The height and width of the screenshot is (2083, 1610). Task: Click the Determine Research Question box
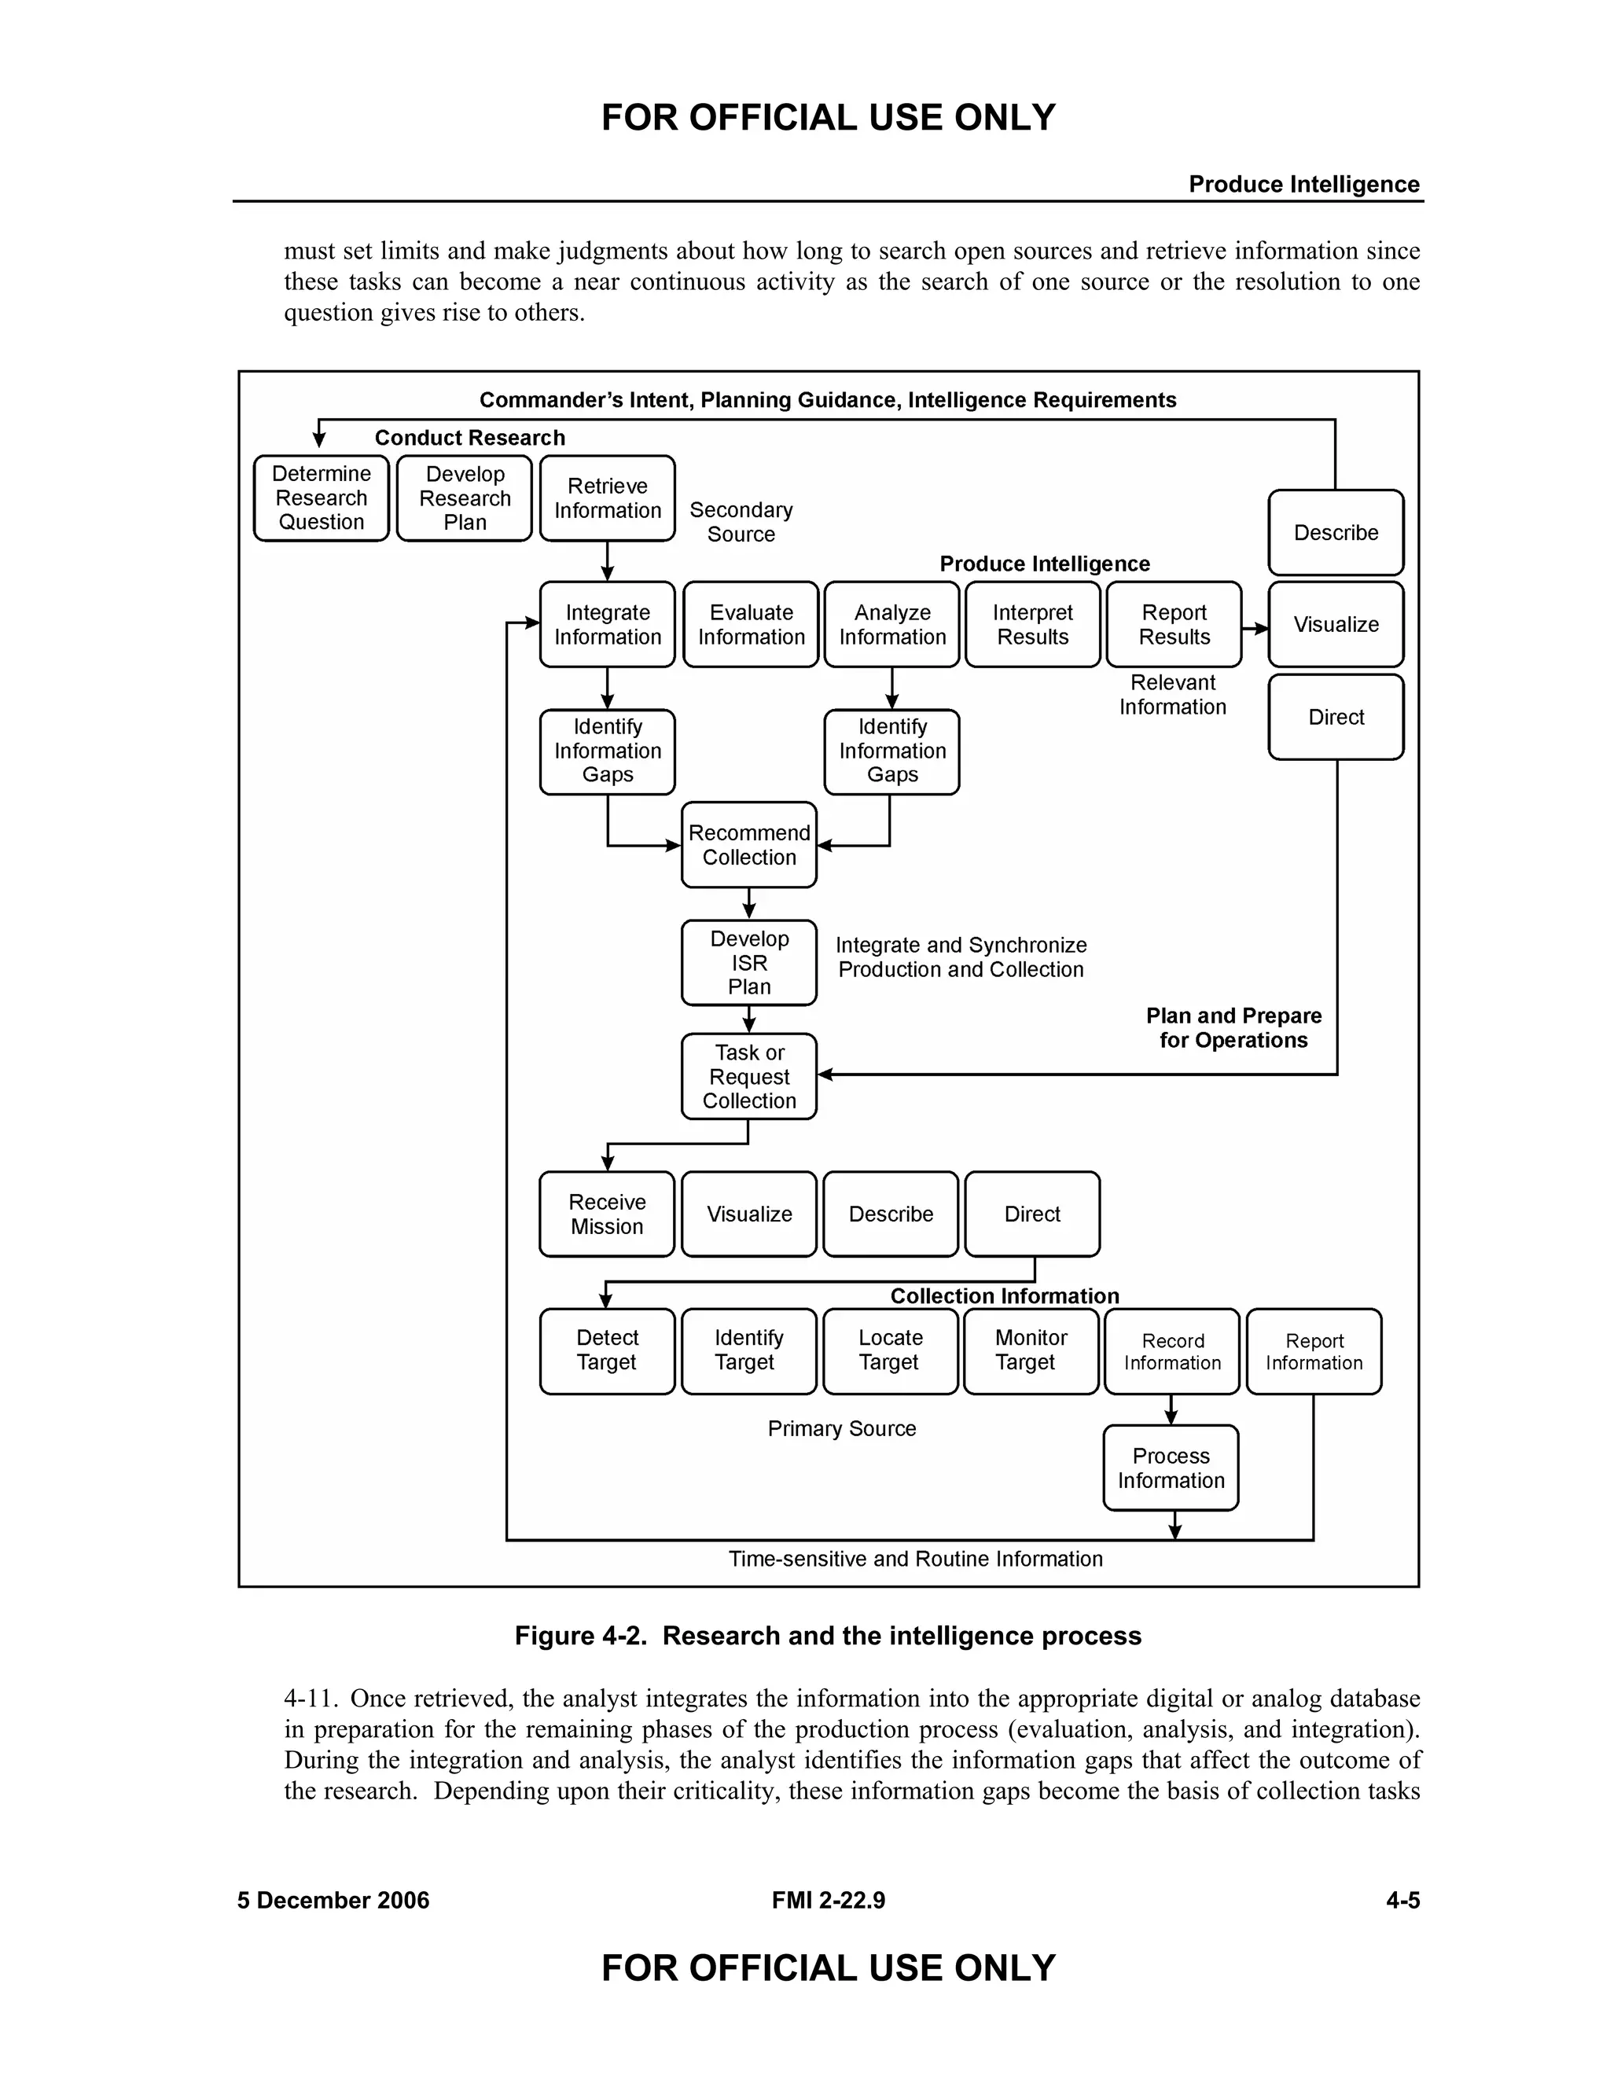pyautogui.click(x=321, y=498)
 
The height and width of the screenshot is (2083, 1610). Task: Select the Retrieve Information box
pyautogui.click(x=607, y=498)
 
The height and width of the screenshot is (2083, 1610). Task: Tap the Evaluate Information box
pyautogui.click(x=751, y=625)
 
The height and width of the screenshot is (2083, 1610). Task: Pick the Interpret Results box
pyautogui.click(x=1032, y=625)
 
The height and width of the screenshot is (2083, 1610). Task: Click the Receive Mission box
pyautogui.click(x=607, y=1214)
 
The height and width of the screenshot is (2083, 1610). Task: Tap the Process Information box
pyautogui.click(x=1171, y=1468)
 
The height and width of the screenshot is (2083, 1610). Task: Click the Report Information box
pyautogui.click(x=1314, y=1351)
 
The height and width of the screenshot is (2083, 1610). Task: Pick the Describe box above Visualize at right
pyautogui.click(x=1336, y=532)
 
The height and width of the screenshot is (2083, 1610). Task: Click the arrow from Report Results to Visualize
pyautogui.click(x=1255, y=629)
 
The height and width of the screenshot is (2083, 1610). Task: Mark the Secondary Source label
pyautogui.click(x=741, y=522)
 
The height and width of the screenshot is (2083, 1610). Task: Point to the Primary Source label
pyautogui.click(x=841, y=1427)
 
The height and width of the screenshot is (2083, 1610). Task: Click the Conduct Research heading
pyautogui.click(x=469, y=438)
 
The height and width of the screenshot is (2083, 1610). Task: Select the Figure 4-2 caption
pyautogui.click(x=827, y=1636)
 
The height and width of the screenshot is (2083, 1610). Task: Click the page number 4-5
pyautogui.click(x=1402, y=1900)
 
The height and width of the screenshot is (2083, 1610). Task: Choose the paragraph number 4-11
pyautogui.click(x=311, y=1699)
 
